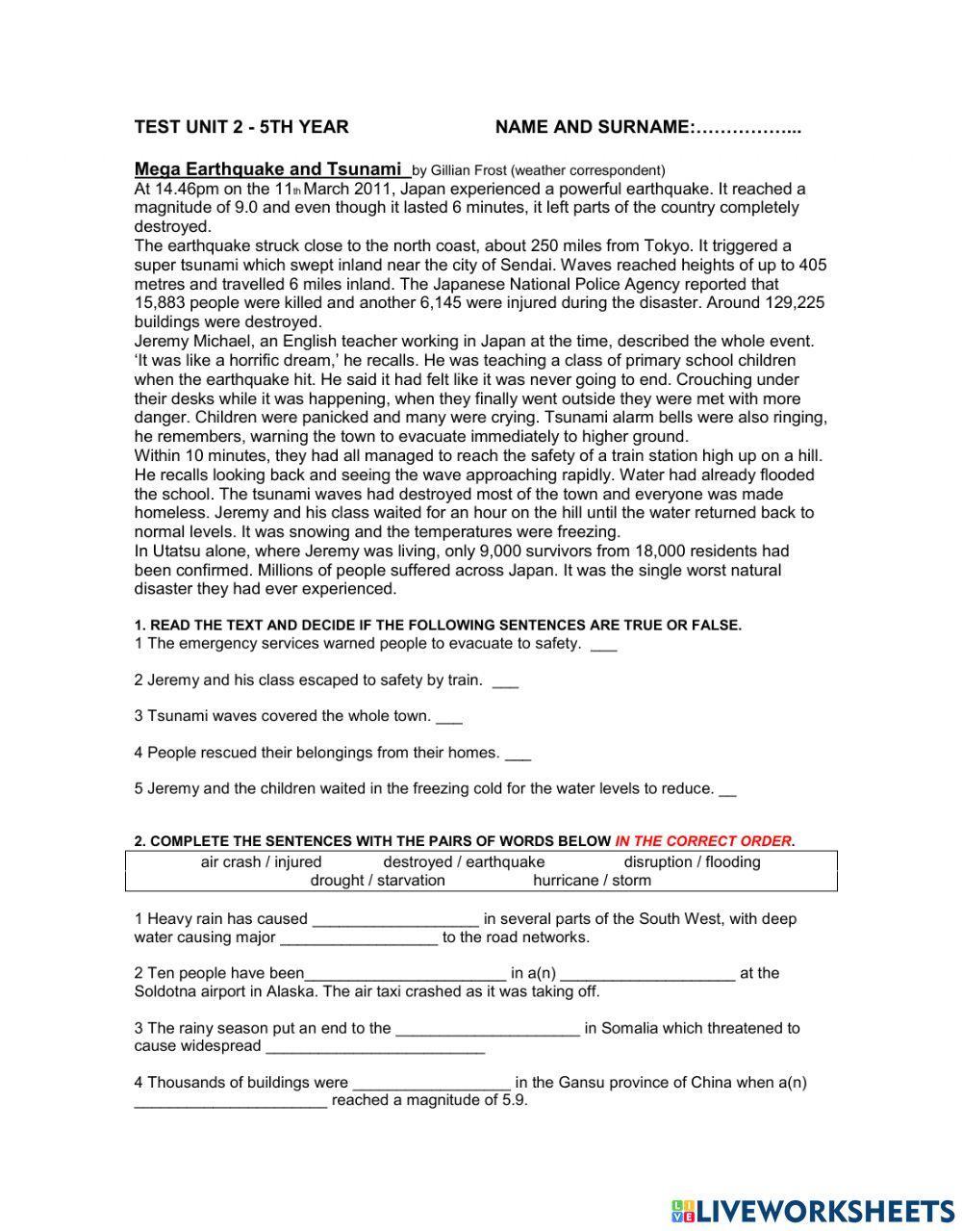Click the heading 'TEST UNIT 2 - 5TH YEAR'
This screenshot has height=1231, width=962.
tap(241, 127)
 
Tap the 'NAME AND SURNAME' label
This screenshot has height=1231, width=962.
tap(593, 127)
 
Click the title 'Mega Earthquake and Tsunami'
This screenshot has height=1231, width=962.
tap(268, 168)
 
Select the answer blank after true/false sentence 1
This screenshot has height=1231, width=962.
tap(603, 644)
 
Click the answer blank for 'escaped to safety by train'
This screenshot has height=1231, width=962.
tap(505, 680)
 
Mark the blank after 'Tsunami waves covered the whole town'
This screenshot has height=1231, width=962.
tap(449, 717)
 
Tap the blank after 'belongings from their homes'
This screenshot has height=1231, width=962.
tap(518, 754)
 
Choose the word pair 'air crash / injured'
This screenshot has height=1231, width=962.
tap(261, 862)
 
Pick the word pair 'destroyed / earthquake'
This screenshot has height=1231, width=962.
tap(464, 862)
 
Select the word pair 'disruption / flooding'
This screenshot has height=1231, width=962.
tap(692, 862)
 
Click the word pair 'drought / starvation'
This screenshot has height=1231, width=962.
tap(377, 881)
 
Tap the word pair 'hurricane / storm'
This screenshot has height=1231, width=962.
tap(592, 881)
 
